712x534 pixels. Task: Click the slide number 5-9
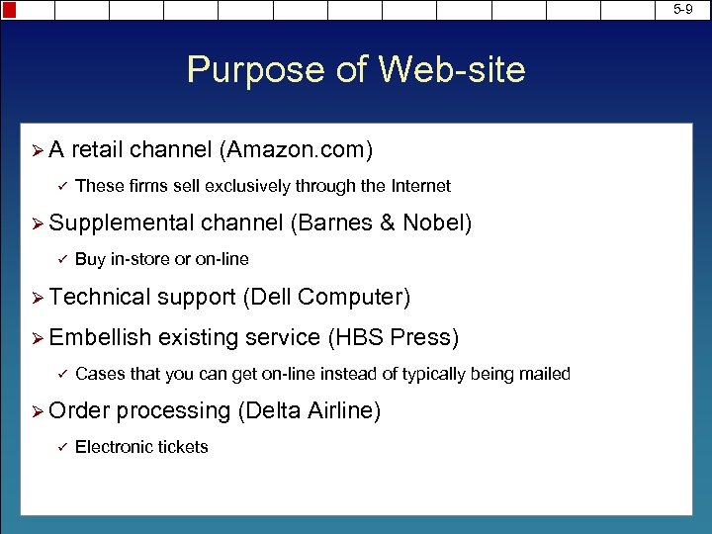tap(683, 9)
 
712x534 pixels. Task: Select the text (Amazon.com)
tap(297, 150)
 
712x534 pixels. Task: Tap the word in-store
tap(141, 259)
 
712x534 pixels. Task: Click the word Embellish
tap(99, 337)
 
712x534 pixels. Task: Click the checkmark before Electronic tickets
tap(60, 447)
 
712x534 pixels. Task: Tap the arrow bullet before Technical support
tap(37, 298)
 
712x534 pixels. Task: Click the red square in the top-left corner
tap(9, 10)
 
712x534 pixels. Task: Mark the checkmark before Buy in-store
tap(60, 259)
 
